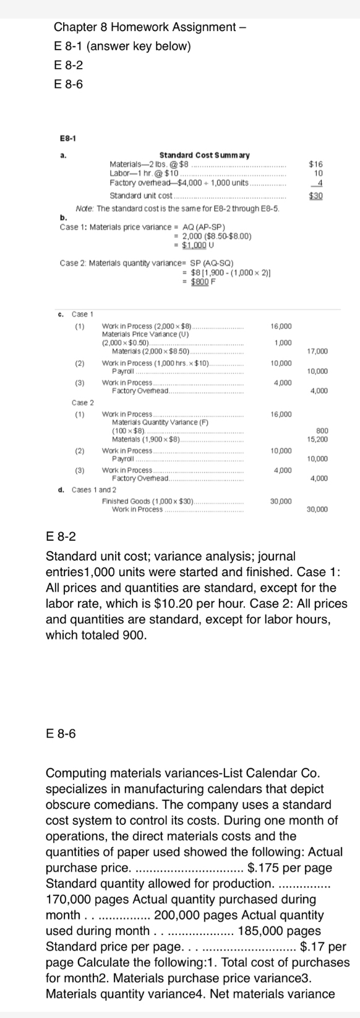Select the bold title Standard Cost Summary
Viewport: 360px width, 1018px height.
(x=204, y=155)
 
